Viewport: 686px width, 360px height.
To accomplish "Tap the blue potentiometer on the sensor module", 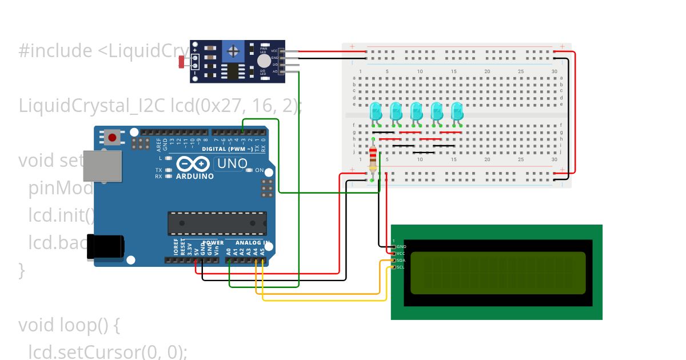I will (233, 52).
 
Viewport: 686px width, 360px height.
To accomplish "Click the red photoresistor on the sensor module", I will (183, 62).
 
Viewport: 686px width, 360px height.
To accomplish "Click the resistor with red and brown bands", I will (373, 159).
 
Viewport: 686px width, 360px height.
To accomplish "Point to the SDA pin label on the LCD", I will (401, 260).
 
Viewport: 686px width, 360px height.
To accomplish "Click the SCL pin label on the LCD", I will (401, 267).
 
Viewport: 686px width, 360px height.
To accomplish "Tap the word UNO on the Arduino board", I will (230, 164).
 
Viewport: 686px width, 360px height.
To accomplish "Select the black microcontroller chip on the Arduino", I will (217, 223).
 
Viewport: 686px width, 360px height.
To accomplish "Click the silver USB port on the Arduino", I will (102, 166).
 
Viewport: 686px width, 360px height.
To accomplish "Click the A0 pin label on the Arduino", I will (228, 251).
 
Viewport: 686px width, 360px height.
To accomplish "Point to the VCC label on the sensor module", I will (274, 51).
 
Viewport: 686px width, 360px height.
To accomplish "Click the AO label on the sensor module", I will (274, 71).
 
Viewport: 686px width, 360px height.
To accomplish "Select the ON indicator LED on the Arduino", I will (249, 170).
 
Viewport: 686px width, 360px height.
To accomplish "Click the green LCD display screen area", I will (498, 273).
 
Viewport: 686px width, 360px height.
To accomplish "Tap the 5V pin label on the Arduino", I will (197, 251).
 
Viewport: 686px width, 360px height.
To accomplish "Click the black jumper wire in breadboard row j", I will (424, 153).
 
